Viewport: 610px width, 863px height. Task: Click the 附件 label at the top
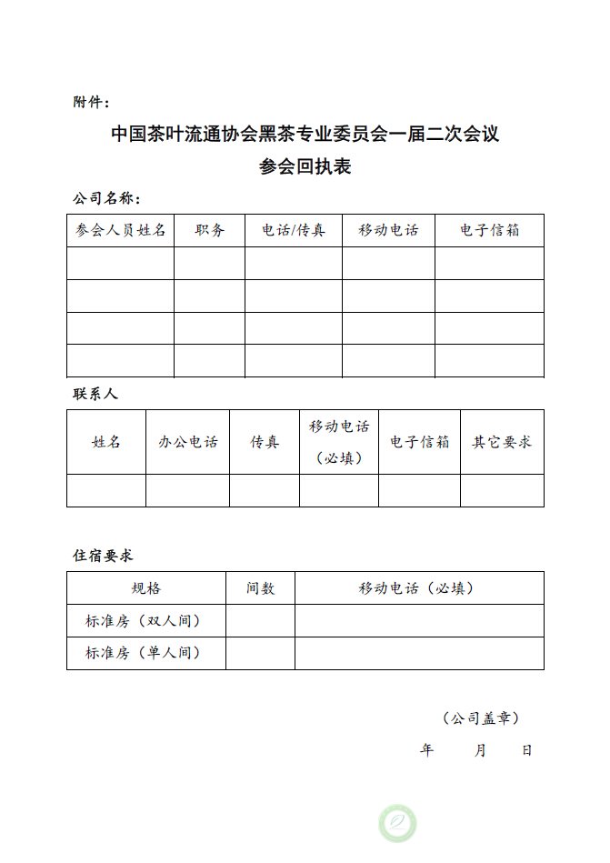(91, 101)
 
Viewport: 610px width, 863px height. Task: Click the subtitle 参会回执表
(305, 167)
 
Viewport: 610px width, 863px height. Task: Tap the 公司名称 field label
(105, 198)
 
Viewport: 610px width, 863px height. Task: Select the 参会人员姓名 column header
(120, 231)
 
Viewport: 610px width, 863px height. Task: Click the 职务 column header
(209, 231)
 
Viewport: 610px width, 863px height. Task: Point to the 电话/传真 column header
(293, 231)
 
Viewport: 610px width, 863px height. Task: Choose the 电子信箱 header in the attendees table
(489, 231)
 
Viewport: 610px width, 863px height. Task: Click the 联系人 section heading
(95, 395)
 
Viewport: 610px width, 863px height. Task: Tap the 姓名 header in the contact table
(106, 442)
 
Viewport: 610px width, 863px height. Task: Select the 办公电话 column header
(187, 442)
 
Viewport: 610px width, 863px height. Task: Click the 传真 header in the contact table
(265, 442)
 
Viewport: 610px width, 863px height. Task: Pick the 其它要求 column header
(502, 442)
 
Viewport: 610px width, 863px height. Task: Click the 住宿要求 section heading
(103, 555)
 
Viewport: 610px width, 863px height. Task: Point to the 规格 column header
(145, 588)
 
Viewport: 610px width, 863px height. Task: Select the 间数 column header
(260, 588)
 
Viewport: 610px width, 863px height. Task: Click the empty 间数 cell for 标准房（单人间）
(260, 653)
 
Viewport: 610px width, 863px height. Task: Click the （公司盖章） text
(481, 718)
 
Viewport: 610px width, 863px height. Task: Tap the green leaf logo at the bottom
(397, 822)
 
